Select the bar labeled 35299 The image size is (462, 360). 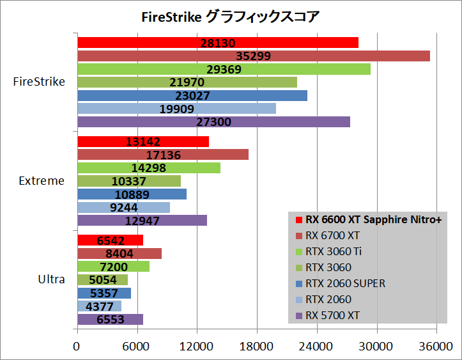(x=253, y=56)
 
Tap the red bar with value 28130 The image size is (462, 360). (x=217, y=42)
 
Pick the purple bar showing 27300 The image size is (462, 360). (x=213, y=122)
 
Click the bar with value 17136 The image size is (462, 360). (x=162, y=155)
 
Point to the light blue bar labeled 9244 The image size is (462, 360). (x=123, y=208)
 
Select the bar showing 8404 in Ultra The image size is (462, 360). (x=119, y=254)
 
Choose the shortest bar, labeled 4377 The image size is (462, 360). (x=99, y=306)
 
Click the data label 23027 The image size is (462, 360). (x=192, y=96)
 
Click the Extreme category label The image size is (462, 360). (x=42, y=181)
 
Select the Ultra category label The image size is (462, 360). (x=50, y=279)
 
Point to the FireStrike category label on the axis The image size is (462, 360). (x=38, y=82)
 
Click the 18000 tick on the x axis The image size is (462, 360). (x=257, y=347)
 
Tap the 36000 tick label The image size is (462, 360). (x=436, y=347)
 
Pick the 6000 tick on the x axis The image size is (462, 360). (x=137, y=347)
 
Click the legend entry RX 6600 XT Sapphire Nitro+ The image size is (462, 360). (x=374, y=219)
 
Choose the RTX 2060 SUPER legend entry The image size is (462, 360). (x=346, y=283)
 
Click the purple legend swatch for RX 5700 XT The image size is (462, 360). (x=298, y=315)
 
